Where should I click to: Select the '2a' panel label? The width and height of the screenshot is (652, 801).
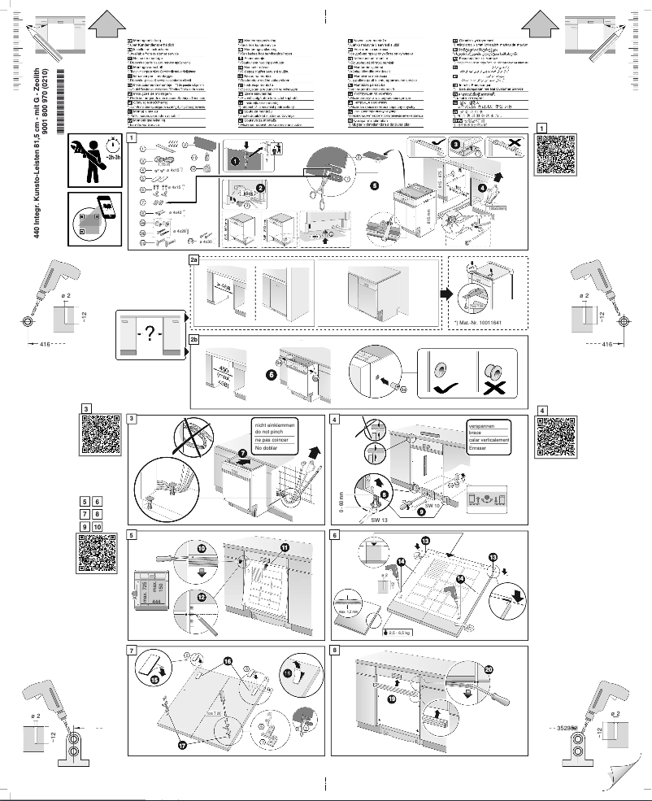[x=194, y=260]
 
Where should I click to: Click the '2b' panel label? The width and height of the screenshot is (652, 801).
[x=194, y=341]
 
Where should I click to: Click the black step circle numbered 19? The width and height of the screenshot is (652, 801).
[x=392, y=698]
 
